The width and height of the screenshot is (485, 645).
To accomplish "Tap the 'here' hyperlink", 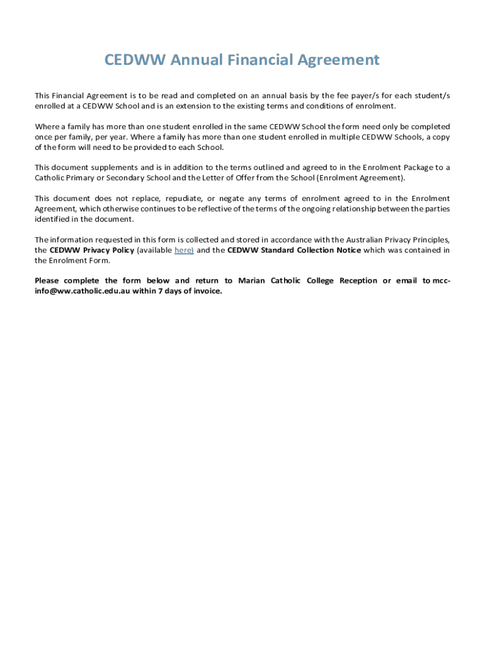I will click(x=183, y=250).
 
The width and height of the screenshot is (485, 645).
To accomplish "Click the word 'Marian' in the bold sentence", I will click(x=251, y=281).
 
